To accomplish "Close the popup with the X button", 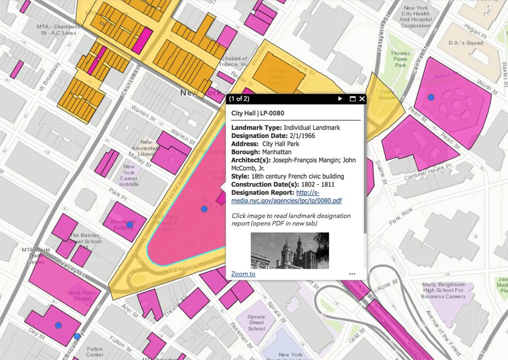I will [x=362, y=99].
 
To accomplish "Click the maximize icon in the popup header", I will [x=352, y=99].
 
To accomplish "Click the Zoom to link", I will [x=243, y=274].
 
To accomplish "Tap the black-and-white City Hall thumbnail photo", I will [x=290, y=250].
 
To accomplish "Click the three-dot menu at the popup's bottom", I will [x=352, y=274].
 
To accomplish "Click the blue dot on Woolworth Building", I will [x=130, y=224].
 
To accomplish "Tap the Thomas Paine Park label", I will [x=400, y=59].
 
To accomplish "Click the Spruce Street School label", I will [x=257, y=322].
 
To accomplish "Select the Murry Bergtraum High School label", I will [x=443, y=290].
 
